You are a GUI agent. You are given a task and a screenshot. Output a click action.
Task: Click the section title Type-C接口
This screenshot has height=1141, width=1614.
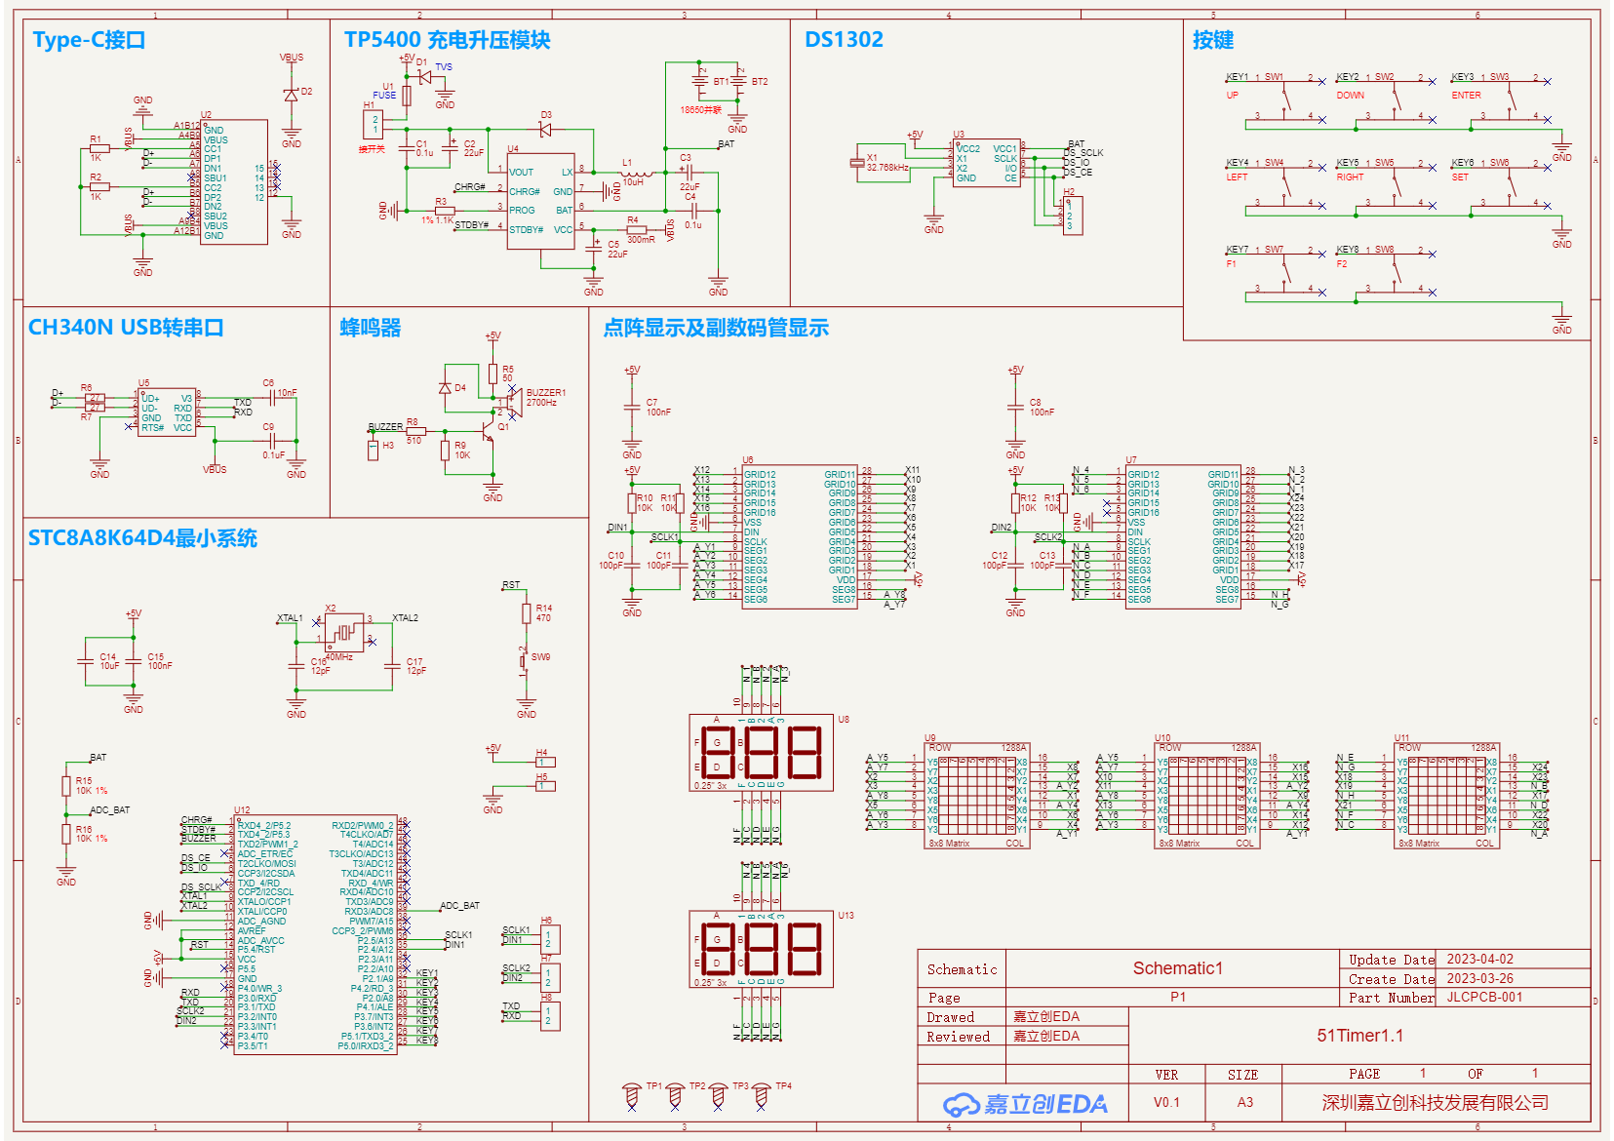89,40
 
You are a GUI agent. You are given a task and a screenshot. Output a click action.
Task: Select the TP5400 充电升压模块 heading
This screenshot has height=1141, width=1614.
447,40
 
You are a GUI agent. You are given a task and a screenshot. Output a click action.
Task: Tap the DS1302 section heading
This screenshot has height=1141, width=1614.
844,40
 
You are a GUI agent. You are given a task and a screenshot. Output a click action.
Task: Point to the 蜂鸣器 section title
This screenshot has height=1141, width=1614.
370,328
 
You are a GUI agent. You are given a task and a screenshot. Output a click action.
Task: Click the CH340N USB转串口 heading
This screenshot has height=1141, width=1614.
126,328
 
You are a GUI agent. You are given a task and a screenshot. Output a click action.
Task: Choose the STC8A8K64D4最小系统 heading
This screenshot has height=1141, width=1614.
142,538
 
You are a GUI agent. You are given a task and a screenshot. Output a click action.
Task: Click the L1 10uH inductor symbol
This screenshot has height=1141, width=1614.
637,174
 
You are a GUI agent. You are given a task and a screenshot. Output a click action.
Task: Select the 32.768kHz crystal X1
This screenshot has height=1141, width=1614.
857,163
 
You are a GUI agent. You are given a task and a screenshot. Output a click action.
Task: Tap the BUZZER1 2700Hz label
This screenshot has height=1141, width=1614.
545,397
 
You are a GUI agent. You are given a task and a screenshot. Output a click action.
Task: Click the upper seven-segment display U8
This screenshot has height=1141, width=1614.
761,755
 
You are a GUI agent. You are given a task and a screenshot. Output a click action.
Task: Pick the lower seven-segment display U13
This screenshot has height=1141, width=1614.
761,950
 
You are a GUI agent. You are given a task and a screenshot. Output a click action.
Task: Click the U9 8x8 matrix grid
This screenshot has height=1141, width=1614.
972,794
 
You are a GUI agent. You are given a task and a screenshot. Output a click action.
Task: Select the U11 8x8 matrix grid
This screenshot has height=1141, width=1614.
1443,794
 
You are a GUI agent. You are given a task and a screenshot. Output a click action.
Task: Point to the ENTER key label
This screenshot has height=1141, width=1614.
1466,96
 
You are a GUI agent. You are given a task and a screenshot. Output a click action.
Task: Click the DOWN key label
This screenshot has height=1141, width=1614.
1351,96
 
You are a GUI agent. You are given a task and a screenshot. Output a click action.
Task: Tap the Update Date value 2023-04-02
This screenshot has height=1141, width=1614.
1479,960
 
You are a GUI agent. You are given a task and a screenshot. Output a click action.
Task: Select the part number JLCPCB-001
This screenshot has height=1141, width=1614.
1483,998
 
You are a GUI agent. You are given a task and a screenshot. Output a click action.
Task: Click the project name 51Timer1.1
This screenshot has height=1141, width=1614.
1359,1036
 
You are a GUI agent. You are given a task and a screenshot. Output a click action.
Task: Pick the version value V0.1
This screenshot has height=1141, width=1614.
1166,1103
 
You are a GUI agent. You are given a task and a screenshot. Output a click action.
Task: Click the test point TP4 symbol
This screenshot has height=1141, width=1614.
763,1096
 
